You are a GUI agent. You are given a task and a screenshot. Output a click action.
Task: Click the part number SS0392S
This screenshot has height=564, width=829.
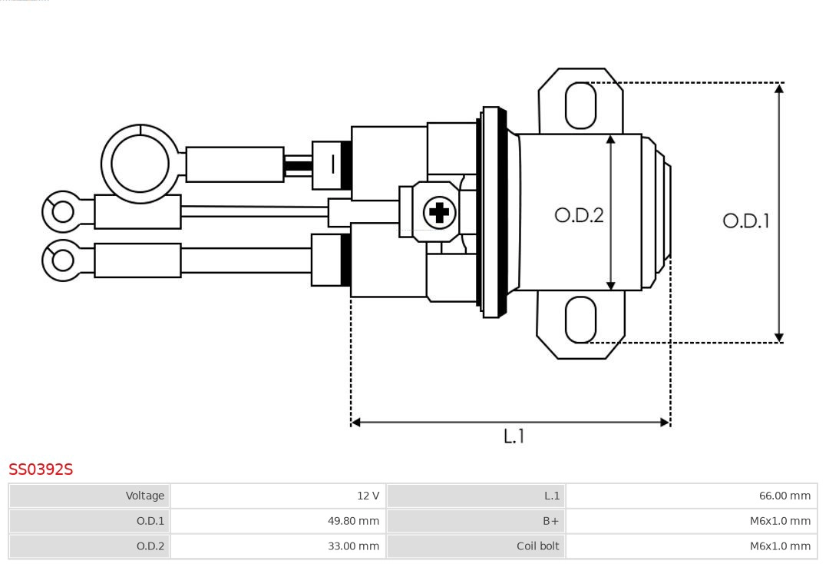click(x=41, y=469)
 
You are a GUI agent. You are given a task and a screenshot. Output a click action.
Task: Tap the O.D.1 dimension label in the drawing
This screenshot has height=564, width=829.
click(x=745, y=221)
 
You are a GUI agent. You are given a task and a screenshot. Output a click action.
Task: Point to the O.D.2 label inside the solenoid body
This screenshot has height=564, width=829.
click(x=579, y=215)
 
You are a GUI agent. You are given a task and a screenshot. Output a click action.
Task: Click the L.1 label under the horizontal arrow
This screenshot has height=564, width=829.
click(x=514, y=436)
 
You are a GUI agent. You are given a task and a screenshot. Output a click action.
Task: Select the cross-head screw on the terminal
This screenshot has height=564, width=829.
click(x=439, y=212)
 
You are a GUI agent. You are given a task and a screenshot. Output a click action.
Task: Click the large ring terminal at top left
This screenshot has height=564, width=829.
click(x=140, y=164)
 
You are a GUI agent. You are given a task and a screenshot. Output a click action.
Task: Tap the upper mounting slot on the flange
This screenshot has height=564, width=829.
click(x=580, y=105)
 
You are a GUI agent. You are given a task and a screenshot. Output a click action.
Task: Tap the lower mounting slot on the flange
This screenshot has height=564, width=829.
click(x=580, y=320)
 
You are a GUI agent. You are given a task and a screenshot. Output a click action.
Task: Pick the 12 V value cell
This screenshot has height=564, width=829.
click(x=368, y=496)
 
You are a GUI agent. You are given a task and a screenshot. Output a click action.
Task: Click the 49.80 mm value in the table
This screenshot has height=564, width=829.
click(x=353, y=521)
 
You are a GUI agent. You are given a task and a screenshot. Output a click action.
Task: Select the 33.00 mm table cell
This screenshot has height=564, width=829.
click(x=353, y=546)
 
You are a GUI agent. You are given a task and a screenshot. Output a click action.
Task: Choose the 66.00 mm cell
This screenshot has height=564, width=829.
click(x=784, y=496)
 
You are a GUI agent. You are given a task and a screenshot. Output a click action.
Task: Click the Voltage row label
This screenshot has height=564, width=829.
click(x=145, y=496)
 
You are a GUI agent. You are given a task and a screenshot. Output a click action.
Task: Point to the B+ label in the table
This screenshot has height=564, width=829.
click(x=551, y=521)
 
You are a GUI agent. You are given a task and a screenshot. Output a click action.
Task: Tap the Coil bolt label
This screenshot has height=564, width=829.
click(x=538, y=546)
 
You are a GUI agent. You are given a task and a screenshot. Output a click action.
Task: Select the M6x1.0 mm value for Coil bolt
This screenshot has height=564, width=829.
click(x=780, y=546)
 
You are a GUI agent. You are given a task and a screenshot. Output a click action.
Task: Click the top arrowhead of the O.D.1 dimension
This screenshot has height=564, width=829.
click(x=779, y=88)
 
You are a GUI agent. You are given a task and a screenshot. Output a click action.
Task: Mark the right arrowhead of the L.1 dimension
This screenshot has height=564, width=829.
click(x=665, y=422)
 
